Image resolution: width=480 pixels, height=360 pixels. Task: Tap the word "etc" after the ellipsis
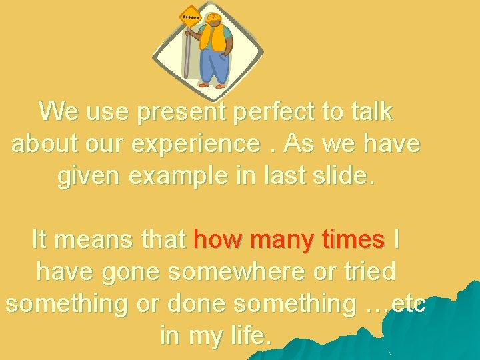[409, 303]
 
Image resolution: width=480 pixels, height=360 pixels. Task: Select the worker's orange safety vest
[218, 41]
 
